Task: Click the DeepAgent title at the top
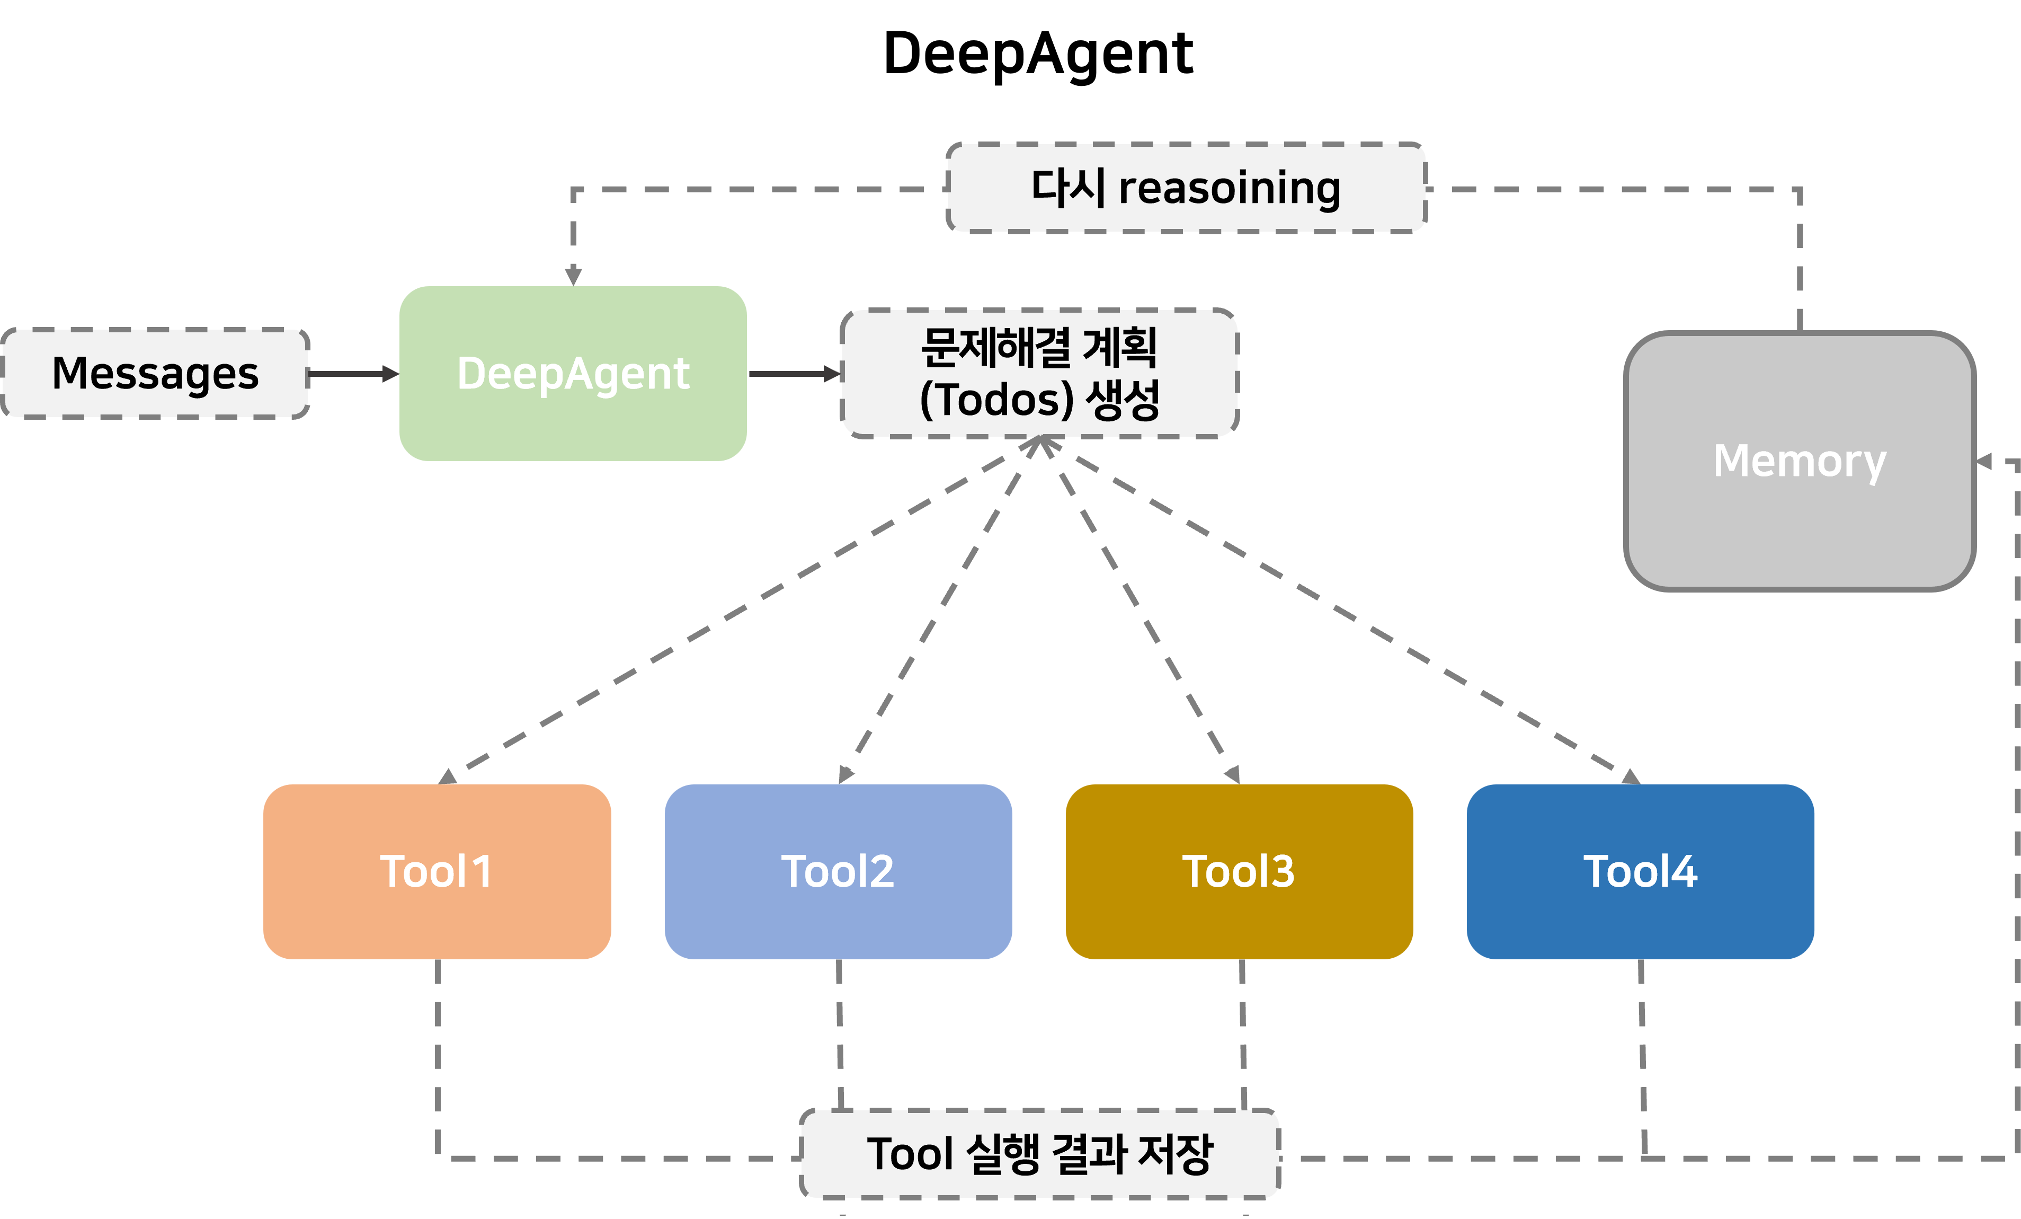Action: point(1038,54)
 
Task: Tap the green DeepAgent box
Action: point(573,373)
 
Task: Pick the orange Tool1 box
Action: point(437,871)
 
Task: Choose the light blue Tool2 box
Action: point(838,871)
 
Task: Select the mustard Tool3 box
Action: point(1239,871)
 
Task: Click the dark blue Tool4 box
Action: point(1641,871)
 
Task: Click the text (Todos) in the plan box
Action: point(996,400)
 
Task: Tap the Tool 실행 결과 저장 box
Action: point(1040,1153)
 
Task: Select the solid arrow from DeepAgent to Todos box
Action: point(795,374)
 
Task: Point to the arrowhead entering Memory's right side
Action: point(1984,462)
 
